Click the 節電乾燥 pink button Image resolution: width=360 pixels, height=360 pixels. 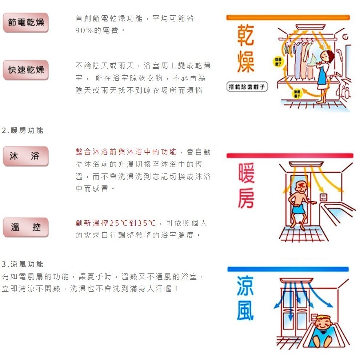[26, 23]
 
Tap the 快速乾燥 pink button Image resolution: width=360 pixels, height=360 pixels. [26, 70]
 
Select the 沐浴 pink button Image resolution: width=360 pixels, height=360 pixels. [26, 156]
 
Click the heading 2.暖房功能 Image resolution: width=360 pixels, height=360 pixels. [23, 131]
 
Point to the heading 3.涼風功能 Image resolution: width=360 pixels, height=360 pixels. [23, 264]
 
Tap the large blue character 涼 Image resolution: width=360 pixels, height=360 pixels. [245, 286]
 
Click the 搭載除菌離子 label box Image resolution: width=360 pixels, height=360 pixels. [247, 87]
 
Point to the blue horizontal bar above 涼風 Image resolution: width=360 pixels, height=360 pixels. [288, 269]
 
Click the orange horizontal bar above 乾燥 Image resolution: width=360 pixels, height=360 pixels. [288, 17]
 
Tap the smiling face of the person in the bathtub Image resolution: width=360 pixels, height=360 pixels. [322, 323]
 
